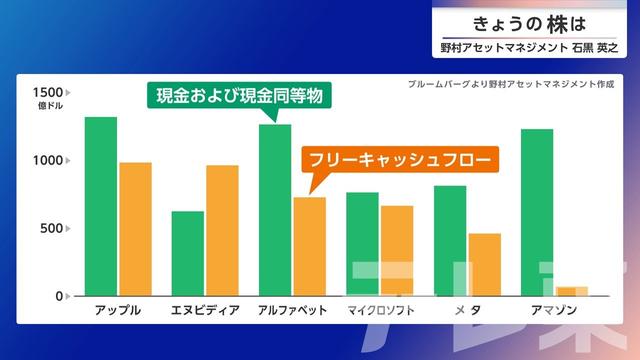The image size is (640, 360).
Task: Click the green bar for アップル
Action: click(101, 206)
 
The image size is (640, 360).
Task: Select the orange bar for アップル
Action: click(136, 229)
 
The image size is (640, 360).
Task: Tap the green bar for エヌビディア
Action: click(188, 253)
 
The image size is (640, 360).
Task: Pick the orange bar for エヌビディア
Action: click(222, 231)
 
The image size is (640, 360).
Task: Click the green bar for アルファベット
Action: click(275, 210)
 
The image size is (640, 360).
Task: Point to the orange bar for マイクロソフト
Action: click(397, 251)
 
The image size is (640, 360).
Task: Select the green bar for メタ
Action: click(450, 241)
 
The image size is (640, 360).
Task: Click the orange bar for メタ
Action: click(485, 264)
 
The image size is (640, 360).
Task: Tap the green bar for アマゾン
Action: click(537, 212)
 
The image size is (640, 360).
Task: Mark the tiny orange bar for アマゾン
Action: click(572, 291)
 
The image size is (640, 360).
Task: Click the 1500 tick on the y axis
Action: click(48, 93)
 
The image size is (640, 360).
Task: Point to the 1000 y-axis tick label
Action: click(48, 160)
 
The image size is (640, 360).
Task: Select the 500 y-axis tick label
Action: click(51, 228)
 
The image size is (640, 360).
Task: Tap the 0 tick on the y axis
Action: click(59, 296)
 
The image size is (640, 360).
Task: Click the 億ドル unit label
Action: click(50, 106)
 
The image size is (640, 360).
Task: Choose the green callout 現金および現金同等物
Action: click(239, 96)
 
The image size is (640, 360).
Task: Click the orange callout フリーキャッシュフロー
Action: click(400, 159)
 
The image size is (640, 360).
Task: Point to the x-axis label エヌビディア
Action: click(205, 310)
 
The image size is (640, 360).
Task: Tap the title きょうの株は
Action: click(529, 24)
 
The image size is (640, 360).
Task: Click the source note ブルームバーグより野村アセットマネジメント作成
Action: click(511, 84)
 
